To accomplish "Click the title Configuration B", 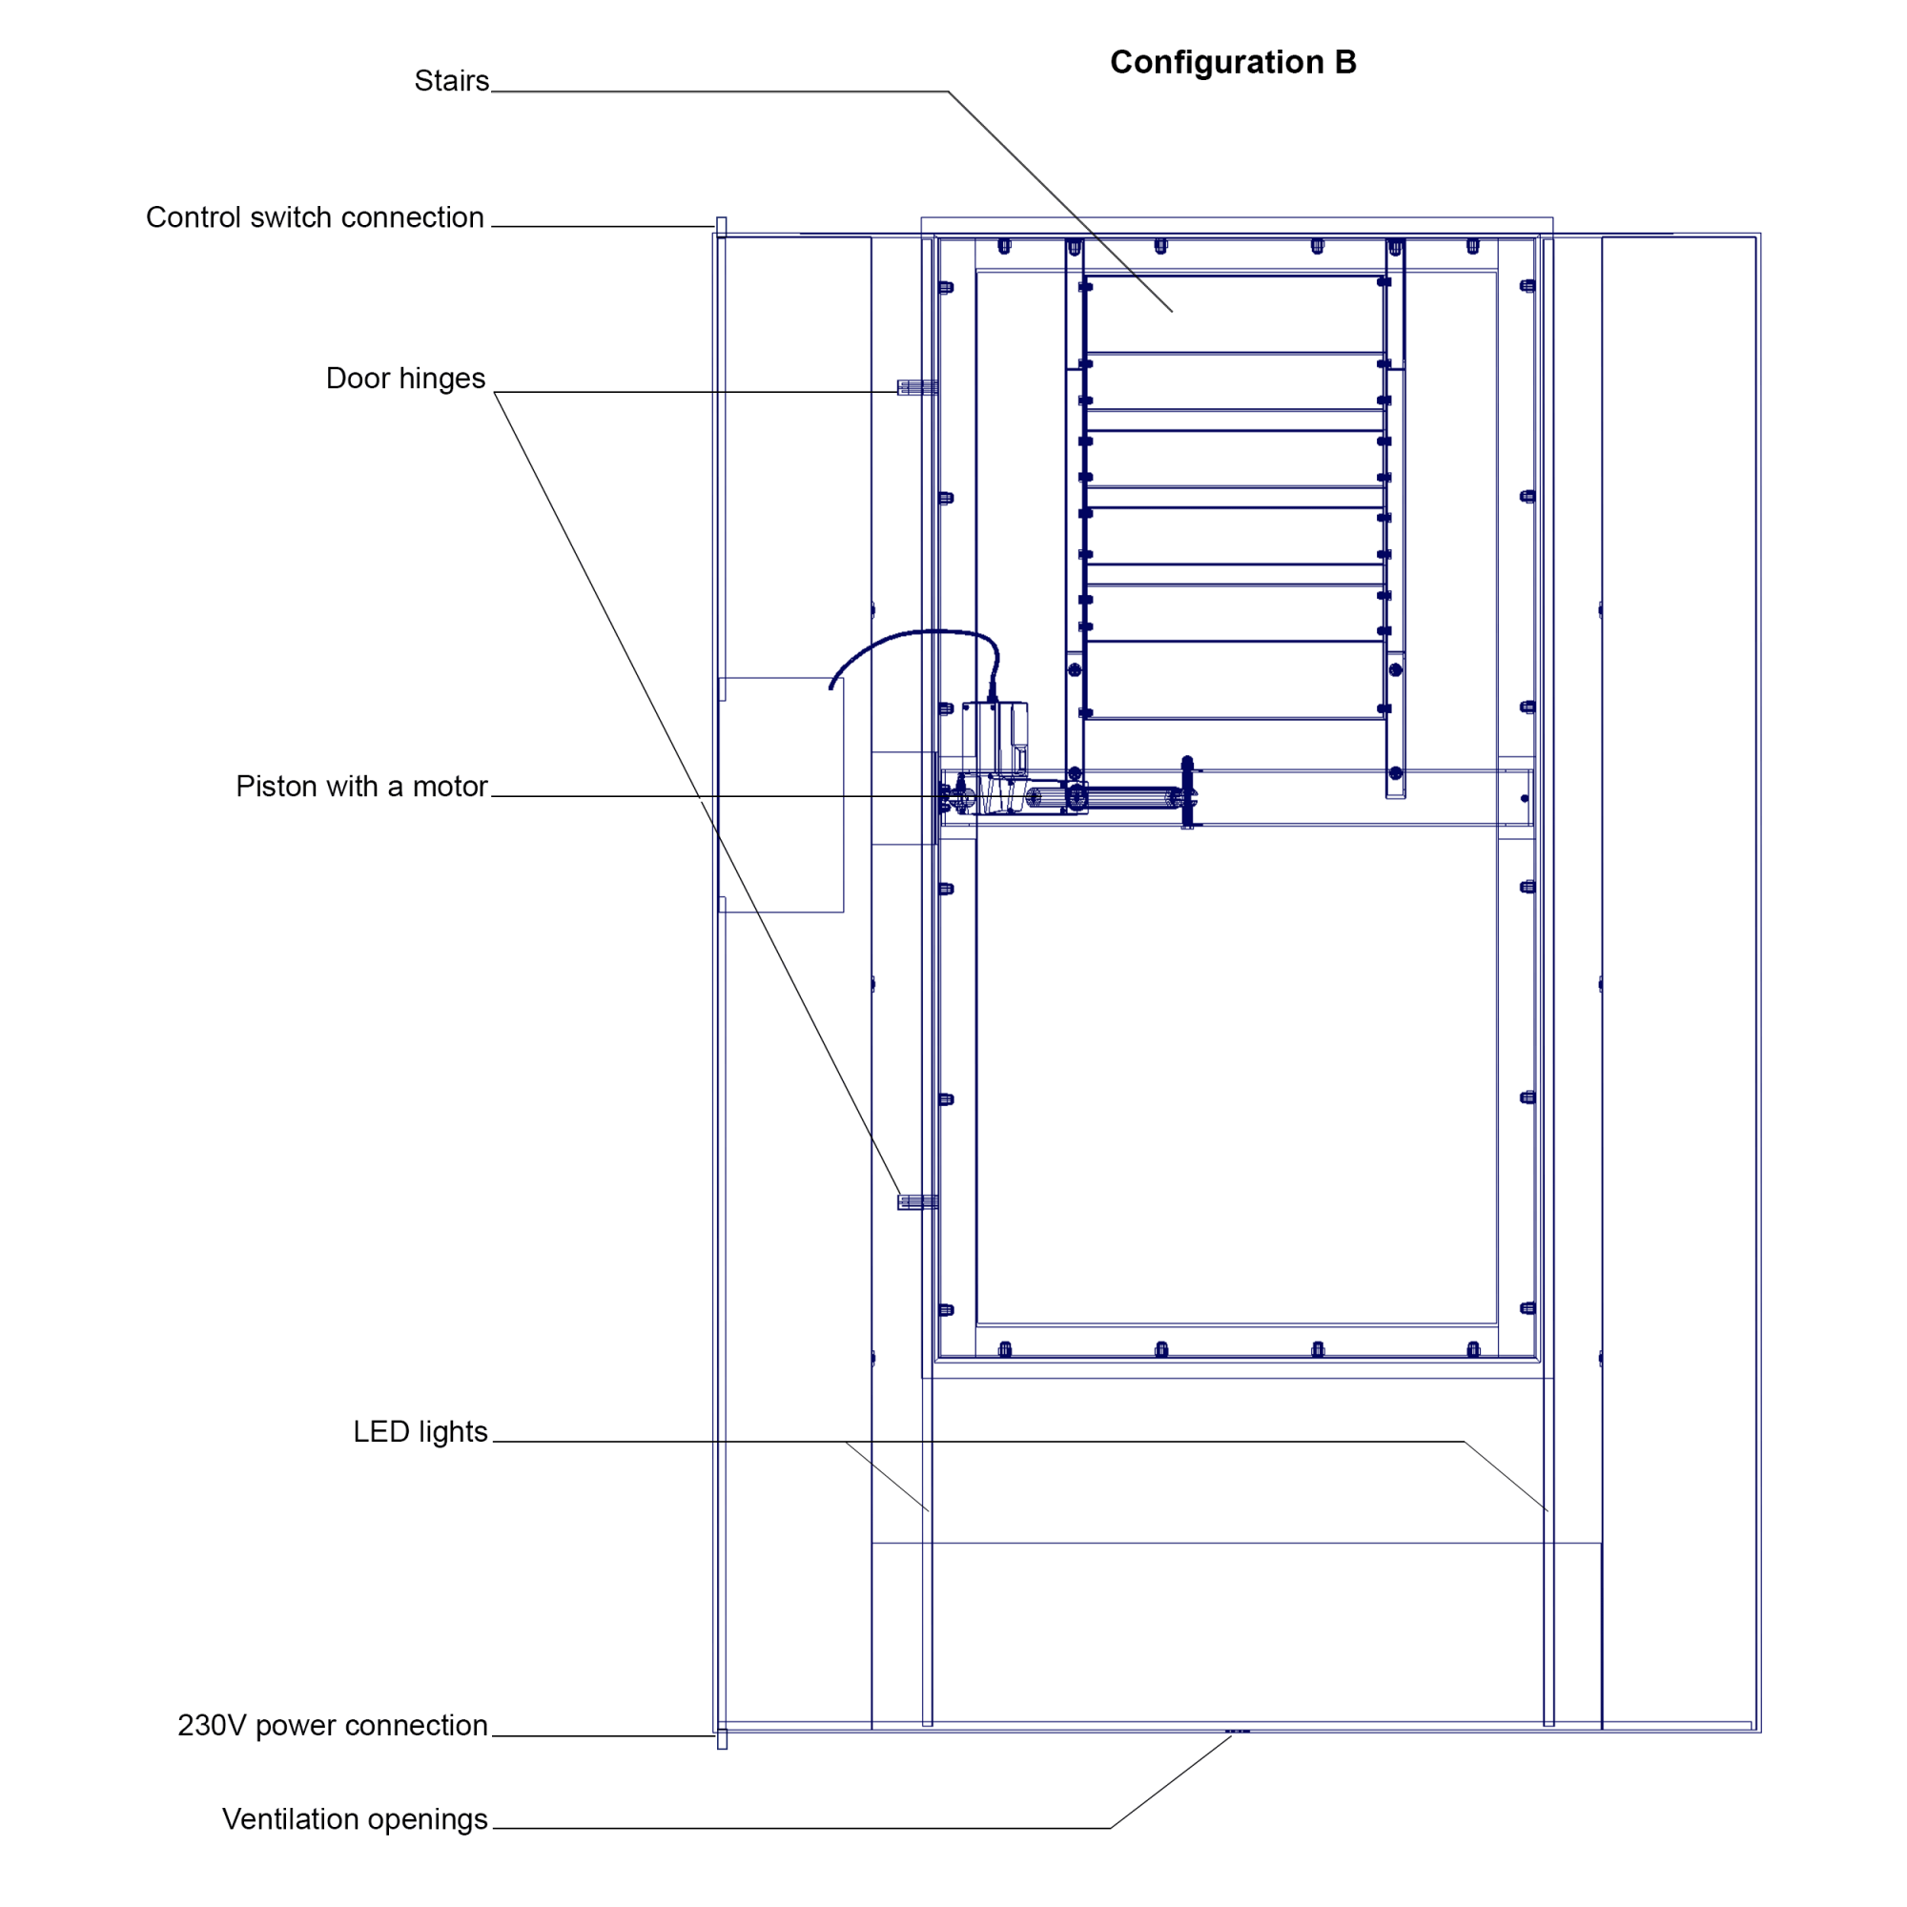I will (1233, 62).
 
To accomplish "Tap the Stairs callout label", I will (451, 81).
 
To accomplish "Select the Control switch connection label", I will (315, 217).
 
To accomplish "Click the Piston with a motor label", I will (361, 786).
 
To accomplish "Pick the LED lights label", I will (420, 1431).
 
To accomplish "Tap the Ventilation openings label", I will (355, 1818).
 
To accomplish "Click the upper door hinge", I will (917, 388).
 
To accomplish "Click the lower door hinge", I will (917, 1202).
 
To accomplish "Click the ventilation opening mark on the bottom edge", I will (1237, 1731).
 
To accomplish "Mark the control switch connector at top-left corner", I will (722, 228).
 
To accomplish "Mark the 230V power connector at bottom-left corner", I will (722, 1738).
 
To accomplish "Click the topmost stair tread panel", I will (1234, 314).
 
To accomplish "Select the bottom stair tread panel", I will (1234, 679).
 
